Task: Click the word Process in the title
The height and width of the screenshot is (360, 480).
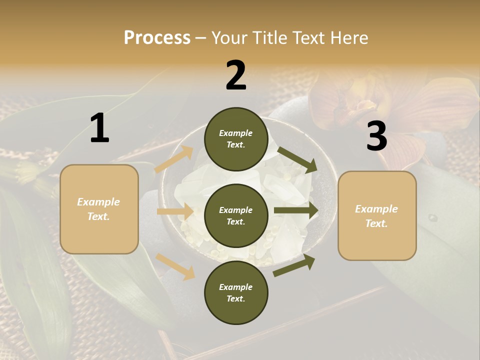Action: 157,38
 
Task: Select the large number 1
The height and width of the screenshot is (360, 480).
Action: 99,128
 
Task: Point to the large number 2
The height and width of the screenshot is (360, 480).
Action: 236,75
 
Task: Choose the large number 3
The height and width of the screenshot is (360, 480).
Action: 376,136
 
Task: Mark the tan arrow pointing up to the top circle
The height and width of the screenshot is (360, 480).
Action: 174,159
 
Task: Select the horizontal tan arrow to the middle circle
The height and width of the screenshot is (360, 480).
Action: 175,211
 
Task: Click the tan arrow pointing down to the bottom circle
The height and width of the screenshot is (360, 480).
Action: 175,266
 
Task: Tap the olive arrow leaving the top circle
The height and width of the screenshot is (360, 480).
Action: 297,159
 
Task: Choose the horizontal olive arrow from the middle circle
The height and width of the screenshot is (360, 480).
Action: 295,210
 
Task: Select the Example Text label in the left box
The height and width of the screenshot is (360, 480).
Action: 98,209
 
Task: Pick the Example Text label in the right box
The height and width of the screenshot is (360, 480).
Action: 376,216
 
